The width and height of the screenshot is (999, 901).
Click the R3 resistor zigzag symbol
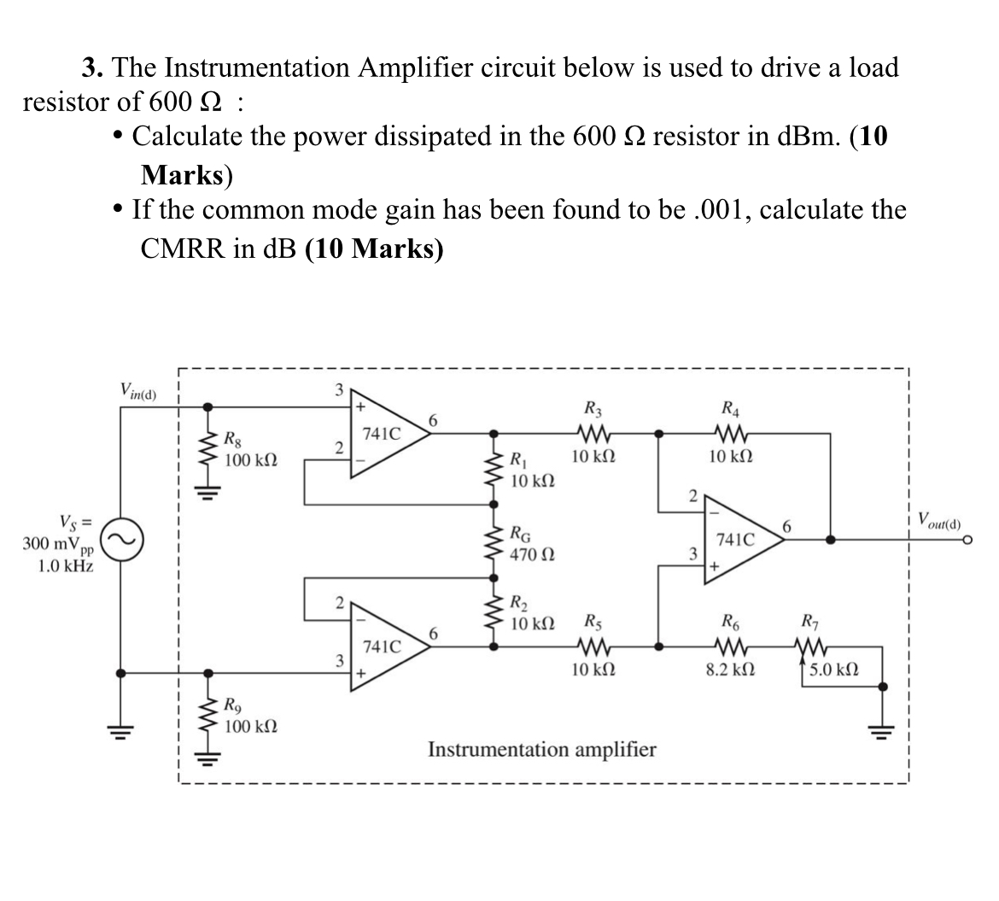coord(590,433)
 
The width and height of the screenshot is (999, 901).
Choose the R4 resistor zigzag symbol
coord(731,433)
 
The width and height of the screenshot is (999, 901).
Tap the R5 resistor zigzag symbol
coord(590,646)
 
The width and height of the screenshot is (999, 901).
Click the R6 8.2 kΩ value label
coord(730,670)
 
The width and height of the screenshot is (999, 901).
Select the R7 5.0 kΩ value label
coord(833,670)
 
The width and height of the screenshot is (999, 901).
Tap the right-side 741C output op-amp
coord(737,540)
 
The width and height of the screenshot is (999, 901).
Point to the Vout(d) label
coord(940,519)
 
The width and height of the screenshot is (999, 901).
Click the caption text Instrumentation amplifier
coord(541,750)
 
